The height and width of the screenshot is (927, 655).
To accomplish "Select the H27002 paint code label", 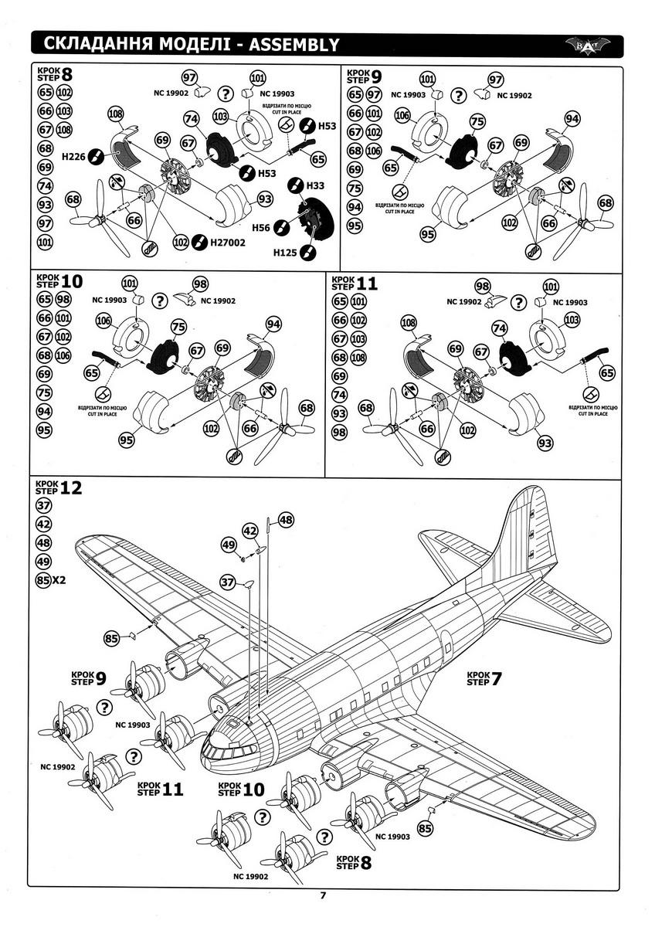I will tap(227, 243).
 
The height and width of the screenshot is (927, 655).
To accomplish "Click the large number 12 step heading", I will tap(70, 487).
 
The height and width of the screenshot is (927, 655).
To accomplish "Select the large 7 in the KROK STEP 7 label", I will tap(497, 680).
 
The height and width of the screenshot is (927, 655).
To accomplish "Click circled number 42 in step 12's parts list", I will tap(43, 525).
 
